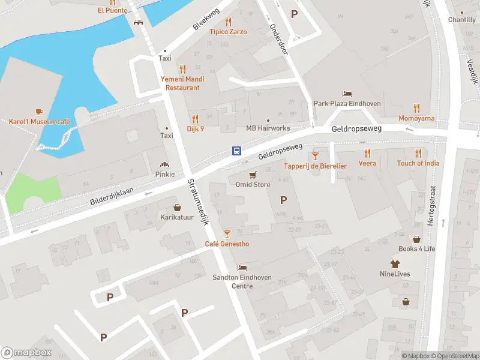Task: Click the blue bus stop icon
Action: [x=237, y=151]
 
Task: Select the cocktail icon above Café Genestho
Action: [x=227, y=233]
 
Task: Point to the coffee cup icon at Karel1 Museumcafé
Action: [x=39, y=112]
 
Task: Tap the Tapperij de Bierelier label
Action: [x=315, y=166]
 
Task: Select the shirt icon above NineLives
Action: [x=395, y=264]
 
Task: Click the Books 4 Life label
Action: [x=417, y=248]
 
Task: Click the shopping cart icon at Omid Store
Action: [x=253, y=175]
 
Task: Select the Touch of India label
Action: [x=418, y=163]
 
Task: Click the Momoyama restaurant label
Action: [x=416, y=119]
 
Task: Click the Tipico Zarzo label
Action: [x=227, y=32]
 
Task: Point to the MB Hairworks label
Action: [x=268, y=128]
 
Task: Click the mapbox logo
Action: [x=26, y=352]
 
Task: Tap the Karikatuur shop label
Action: [x=176, y=217]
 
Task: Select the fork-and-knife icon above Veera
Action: [x=368, y=154]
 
